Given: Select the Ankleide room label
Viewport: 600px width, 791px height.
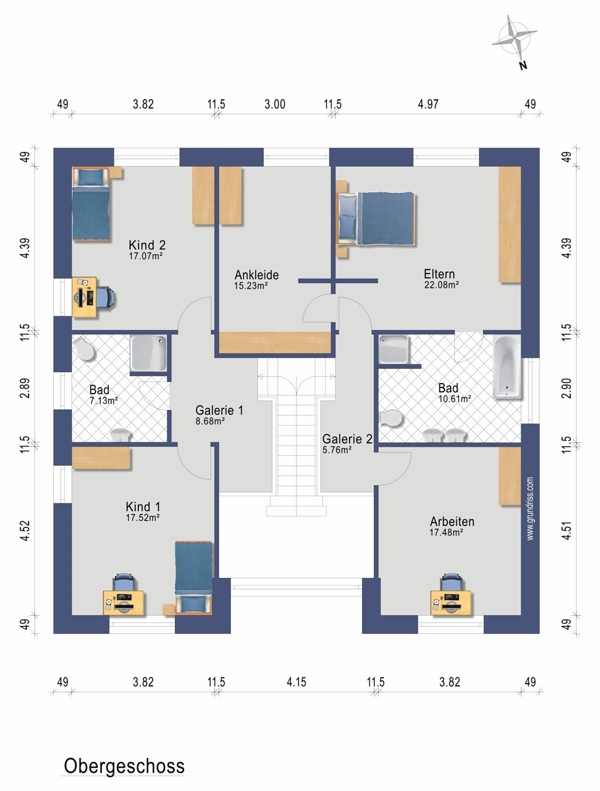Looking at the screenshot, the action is click(256, 275).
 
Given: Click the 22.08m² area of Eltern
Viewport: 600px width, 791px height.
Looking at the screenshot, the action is click(441, 284).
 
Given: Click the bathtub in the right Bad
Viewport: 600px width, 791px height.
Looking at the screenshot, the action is click(507, 367).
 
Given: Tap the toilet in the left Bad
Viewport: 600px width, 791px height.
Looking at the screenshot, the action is click(85, 349).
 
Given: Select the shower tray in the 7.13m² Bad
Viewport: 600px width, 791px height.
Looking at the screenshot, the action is click(148, 353).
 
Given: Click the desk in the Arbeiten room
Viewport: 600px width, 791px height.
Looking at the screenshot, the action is click(451, 603).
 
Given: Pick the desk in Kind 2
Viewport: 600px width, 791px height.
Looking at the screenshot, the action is click(85, 297).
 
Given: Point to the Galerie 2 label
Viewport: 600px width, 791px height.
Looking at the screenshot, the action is click(347, 439).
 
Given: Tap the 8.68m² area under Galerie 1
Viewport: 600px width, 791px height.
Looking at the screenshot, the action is click(210, 421).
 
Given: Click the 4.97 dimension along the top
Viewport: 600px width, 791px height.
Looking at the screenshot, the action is click(428, 104).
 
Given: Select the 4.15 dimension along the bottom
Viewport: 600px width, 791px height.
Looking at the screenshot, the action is click(296, 682).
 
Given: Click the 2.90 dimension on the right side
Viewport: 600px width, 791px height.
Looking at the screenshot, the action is click(567, 388).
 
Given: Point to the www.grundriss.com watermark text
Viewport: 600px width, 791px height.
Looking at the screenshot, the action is click(530, 509).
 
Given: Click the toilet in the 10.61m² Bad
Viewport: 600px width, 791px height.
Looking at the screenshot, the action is click(391, 418).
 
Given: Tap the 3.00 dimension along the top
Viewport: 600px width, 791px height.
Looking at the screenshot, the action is click(275, 104).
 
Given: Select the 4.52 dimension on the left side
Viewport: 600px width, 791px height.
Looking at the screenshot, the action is click(25, 530).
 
